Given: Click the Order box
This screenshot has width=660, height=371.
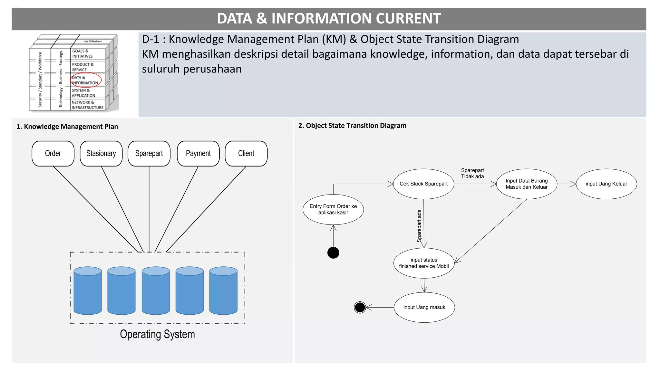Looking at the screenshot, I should coord(53,154).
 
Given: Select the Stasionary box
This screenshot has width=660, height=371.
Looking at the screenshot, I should coord(101,154).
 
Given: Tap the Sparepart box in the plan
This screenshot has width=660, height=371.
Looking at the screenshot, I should coord(149,154).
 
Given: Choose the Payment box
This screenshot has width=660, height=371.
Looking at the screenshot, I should coord(198,154).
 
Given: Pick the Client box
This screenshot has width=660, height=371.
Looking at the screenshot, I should coord(246,154).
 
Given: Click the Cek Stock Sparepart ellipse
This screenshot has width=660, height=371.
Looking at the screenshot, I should coord(423,184).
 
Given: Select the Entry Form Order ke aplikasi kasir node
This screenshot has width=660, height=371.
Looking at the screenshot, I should coord(333,209).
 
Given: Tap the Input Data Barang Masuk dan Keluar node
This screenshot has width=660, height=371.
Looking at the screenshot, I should coord(527,184).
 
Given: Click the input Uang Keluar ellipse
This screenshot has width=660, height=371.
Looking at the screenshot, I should coord(606,184).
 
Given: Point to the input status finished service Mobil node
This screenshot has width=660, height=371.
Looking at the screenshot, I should coord(424,263).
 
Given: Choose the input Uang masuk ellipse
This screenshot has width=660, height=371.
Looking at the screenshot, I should coord(424,307).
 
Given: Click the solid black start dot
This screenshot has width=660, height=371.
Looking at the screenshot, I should coord(333,253).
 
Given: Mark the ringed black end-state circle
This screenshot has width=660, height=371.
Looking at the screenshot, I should coord(360,307).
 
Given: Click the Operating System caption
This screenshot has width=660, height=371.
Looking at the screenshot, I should coord(157,334).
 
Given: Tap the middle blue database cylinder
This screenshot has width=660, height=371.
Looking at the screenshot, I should coord(156,290).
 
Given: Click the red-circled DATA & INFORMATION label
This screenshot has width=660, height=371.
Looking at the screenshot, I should coord(85,80).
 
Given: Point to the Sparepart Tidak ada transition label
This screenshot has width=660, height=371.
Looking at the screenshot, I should coord(472,173).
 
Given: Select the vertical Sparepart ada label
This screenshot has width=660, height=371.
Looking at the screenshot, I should coord(419,226).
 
